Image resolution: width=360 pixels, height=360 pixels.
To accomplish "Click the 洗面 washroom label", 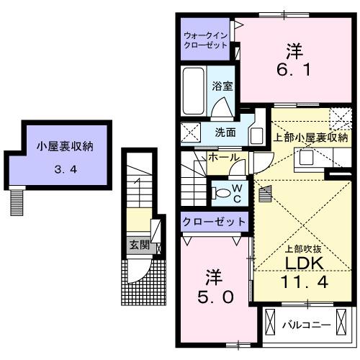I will (225, 132).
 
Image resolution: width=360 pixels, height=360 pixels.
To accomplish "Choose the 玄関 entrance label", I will (139, 245).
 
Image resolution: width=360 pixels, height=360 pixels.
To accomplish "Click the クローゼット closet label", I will (215, 221).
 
